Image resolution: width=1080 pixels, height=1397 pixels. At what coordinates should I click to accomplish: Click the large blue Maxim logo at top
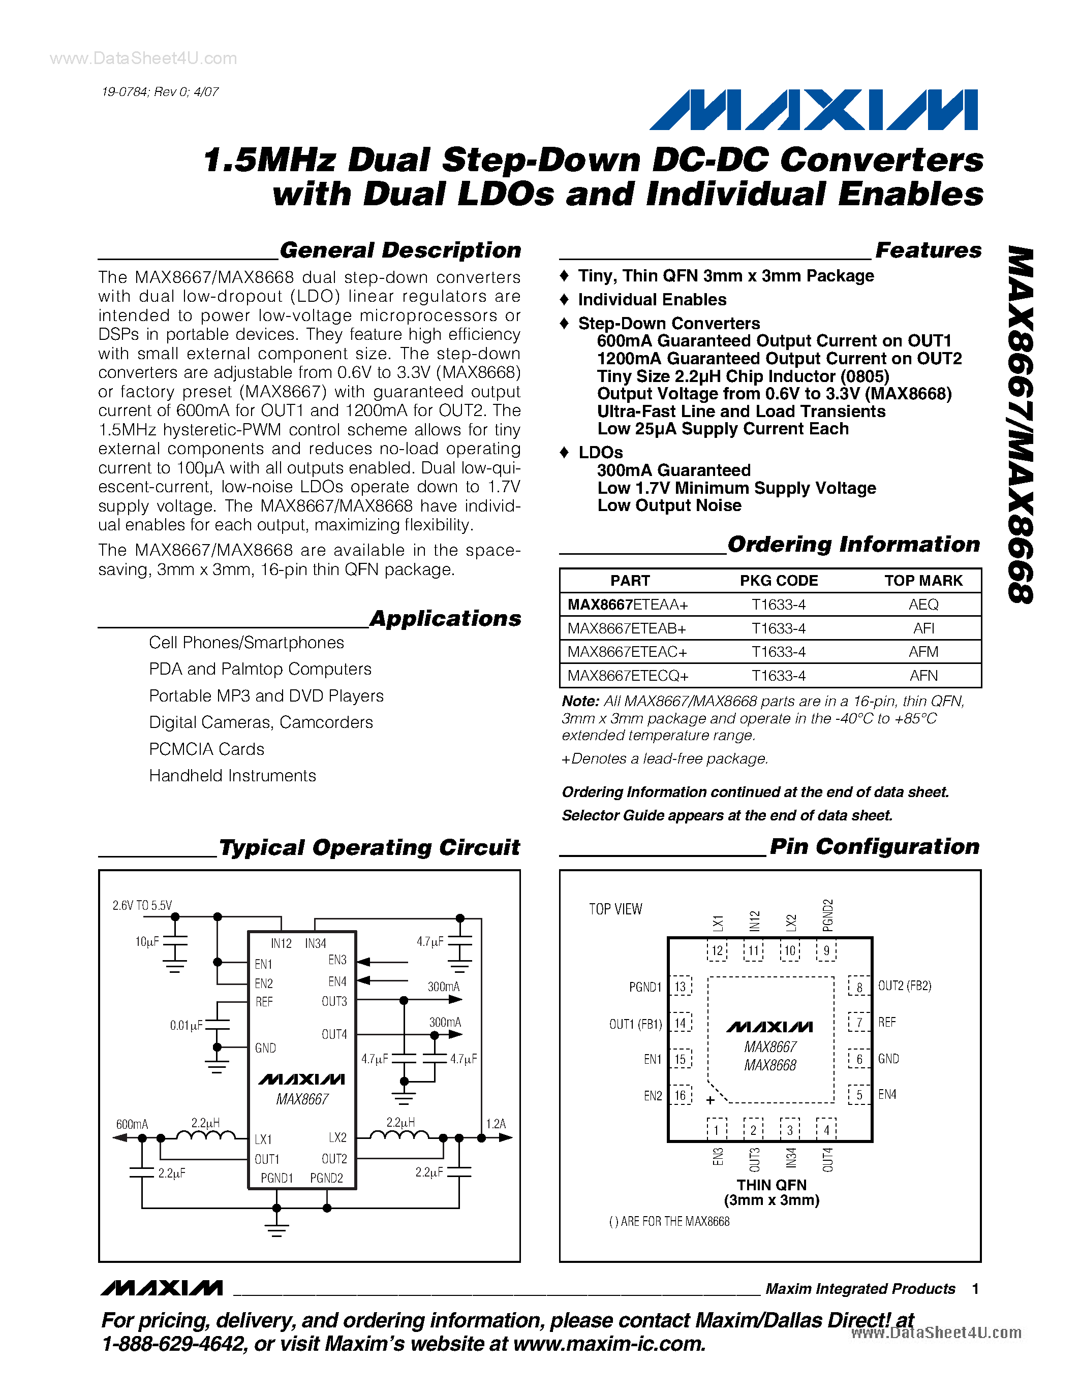[813, 110]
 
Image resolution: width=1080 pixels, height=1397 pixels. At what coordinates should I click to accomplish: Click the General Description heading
[400, 250]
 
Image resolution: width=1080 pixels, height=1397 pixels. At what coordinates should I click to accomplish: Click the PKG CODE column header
[778, 581]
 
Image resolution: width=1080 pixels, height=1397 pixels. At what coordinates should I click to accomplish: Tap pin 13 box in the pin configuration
[680, 987]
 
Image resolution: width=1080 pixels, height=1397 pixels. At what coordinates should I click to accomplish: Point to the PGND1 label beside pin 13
[645, 987]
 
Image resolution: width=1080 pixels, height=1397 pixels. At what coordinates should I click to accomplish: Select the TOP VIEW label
[615, 909]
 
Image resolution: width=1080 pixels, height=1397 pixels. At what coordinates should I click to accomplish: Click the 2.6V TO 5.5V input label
[142, 905]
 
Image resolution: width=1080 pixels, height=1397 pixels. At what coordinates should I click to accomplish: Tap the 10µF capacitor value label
[146, 941]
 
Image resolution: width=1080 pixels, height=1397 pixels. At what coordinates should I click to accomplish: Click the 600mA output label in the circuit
[132, 1124]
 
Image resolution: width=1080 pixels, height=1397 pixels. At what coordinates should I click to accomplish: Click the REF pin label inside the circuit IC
[264, 1002]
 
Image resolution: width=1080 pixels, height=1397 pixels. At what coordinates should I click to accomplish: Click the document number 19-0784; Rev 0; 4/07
[160, 92]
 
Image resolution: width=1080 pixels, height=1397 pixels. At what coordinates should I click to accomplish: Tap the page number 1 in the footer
[975, 1289]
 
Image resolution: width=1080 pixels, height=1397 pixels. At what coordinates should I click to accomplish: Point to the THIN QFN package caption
[771, 1185]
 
